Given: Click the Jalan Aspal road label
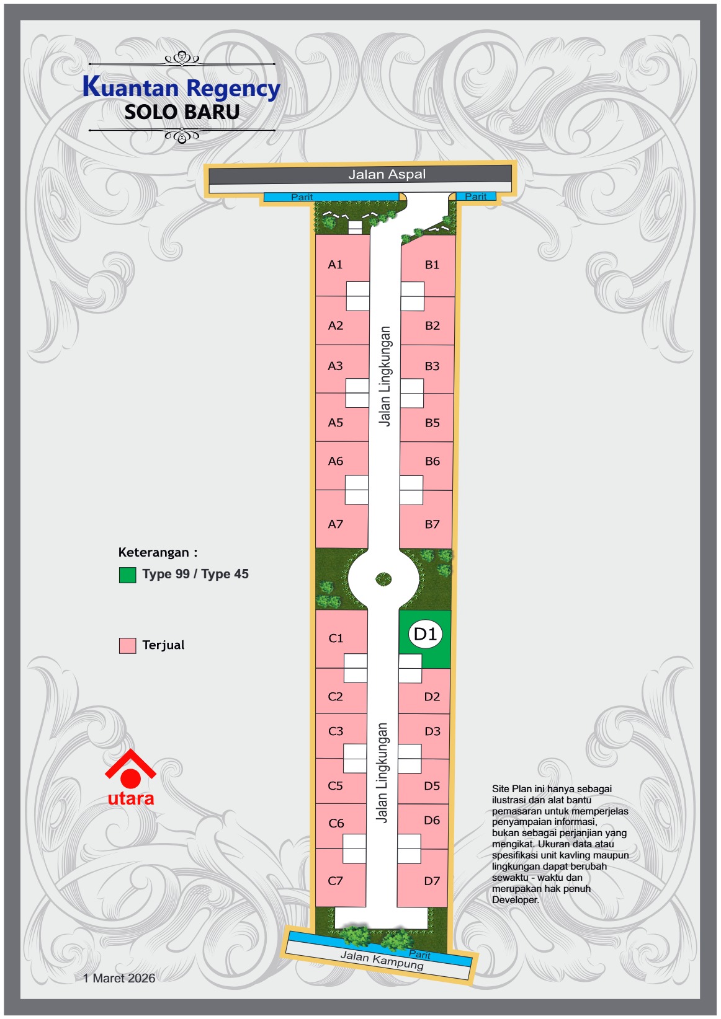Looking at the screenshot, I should click(387, 174).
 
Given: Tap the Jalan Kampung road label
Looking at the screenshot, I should click(382, 960).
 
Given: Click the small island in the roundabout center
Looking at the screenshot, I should click(383, 579).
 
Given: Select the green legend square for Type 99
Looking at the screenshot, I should click(127, 575).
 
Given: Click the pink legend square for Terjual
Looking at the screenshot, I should click(127, 645).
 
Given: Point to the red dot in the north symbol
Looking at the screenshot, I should click(130, 779).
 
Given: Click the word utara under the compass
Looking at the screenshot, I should click(130, 798).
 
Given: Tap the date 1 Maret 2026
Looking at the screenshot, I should click(119, 978).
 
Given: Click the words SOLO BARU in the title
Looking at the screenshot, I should click(182, 112).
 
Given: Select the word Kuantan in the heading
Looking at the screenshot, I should click(131, 87).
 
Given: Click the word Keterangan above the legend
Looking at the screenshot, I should click(154, 552).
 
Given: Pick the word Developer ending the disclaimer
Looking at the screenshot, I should click(515, 900).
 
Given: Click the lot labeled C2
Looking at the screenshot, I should click(336, 697).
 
